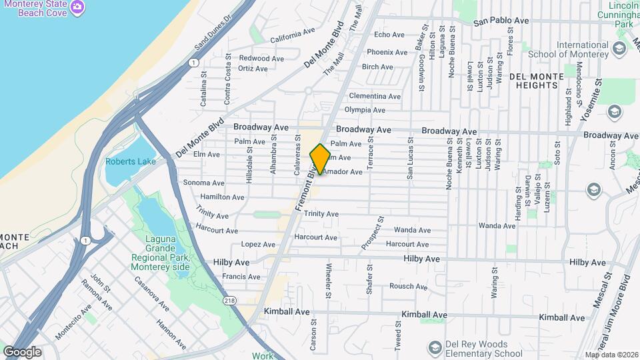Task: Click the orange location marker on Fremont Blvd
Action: click(x=320, y=159)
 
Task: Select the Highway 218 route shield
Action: click(x=231, y=301)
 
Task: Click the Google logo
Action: click(x=22, y=351)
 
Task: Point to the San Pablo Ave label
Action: click(x=501, y=21)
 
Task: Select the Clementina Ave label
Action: click(x=375, y=96)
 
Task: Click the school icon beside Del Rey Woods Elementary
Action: click(x=435, y=347)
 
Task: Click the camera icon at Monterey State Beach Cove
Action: click(x=77, y=7)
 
